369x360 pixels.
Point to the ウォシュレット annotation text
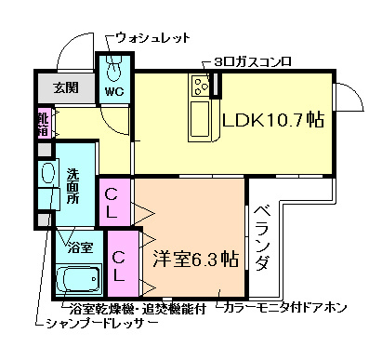pos(153,37)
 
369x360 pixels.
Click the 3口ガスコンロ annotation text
pos(253,61)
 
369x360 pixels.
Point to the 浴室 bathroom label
pos(79,247)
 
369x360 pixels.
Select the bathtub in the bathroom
pos(77,279)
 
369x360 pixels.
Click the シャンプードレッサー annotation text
pos(101,326)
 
